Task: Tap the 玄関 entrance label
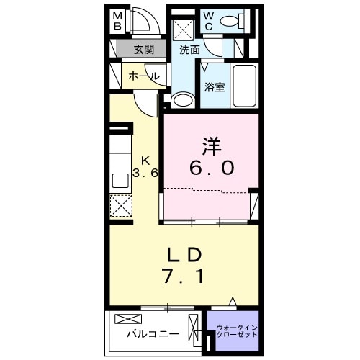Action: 144,50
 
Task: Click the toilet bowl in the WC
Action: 233,22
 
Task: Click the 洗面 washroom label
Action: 189,50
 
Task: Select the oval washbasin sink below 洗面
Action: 185,99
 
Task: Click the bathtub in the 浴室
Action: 246,85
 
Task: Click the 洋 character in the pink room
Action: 210,146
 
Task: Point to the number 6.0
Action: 211,168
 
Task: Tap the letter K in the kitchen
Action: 145,160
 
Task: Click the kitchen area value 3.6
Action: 145,174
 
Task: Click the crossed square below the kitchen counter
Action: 121,207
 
